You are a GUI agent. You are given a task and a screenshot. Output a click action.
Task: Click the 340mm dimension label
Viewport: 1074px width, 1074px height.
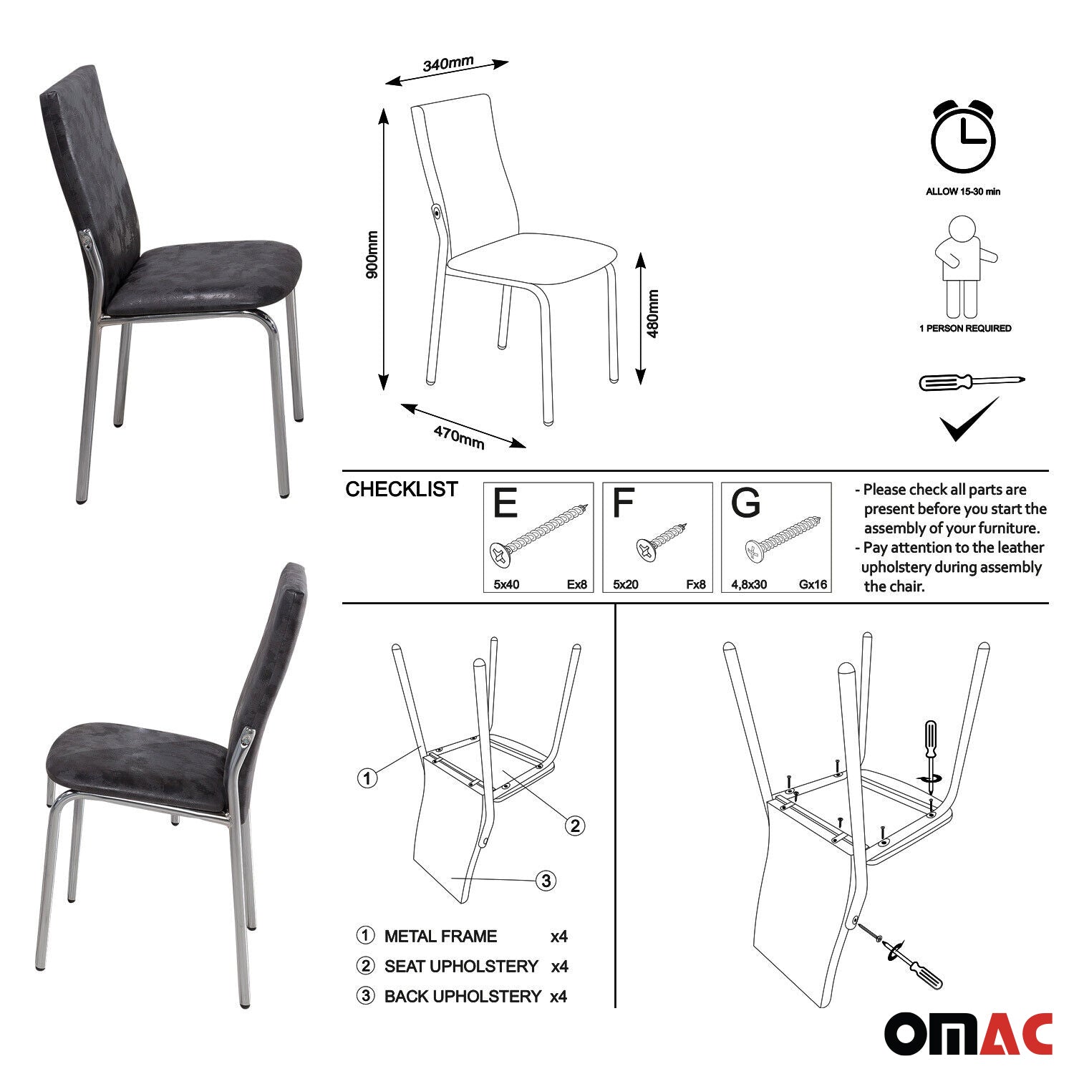447,63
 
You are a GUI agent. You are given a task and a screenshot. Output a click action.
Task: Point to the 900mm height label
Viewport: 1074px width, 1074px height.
372,255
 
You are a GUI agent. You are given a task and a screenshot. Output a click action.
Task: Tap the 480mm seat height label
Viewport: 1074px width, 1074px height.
653,314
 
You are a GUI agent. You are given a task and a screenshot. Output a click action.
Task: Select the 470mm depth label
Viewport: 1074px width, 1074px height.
459,437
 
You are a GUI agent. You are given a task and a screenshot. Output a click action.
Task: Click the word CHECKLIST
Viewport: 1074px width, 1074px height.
402,489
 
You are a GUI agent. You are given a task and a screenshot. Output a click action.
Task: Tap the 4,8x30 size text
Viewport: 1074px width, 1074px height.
749,584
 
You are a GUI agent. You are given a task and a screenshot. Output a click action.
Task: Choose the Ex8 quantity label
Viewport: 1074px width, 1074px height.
576,584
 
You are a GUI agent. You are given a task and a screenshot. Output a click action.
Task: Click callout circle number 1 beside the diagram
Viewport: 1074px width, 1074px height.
367,778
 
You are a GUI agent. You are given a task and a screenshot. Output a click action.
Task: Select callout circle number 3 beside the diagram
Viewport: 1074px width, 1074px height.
546,880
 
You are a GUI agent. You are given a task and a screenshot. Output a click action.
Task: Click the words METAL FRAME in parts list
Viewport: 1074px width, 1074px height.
440,936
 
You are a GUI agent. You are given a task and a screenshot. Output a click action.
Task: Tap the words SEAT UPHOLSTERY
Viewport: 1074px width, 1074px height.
461,966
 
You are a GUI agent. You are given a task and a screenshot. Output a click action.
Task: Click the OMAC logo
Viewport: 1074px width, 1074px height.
968,1033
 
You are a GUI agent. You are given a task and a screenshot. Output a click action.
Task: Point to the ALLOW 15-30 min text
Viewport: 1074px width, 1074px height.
963,191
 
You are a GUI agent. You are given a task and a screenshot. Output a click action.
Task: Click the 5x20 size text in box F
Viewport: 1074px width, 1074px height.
626,584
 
